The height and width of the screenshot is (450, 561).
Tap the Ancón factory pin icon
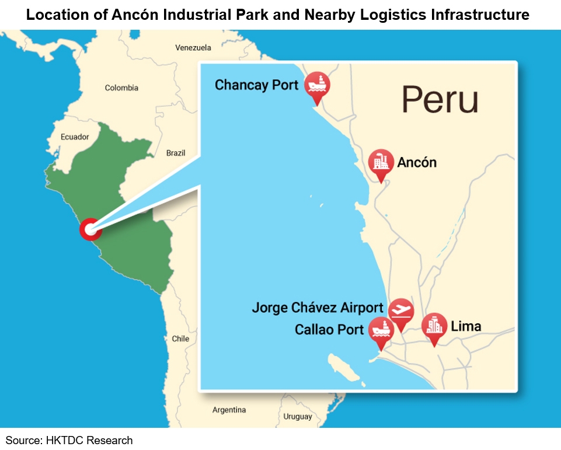pos(381,162)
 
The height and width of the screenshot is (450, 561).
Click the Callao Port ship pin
pos(381,330)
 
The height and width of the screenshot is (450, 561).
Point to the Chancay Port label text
pos(256,85)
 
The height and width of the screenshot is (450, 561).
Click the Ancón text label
pos(417,162)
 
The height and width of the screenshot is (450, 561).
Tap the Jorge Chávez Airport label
pos(318,308)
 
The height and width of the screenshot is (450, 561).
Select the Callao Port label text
pos(329,330)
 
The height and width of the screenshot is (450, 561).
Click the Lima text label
pos(466,326)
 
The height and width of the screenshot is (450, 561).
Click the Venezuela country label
pos(193,48)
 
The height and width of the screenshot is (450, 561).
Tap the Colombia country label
pos(121,88)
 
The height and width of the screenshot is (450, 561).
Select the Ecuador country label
pos(75,137)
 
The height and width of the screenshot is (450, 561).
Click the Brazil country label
pos(176,153)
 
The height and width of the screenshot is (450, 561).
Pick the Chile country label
pos(180,339)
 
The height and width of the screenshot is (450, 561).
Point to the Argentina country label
pos(229,410)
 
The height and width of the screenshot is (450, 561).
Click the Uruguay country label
pos(298,417)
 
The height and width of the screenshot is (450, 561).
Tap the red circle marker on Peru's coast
pos(90,229)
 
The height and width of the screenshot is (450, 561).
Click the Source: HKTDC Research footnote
pos(69,440)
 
